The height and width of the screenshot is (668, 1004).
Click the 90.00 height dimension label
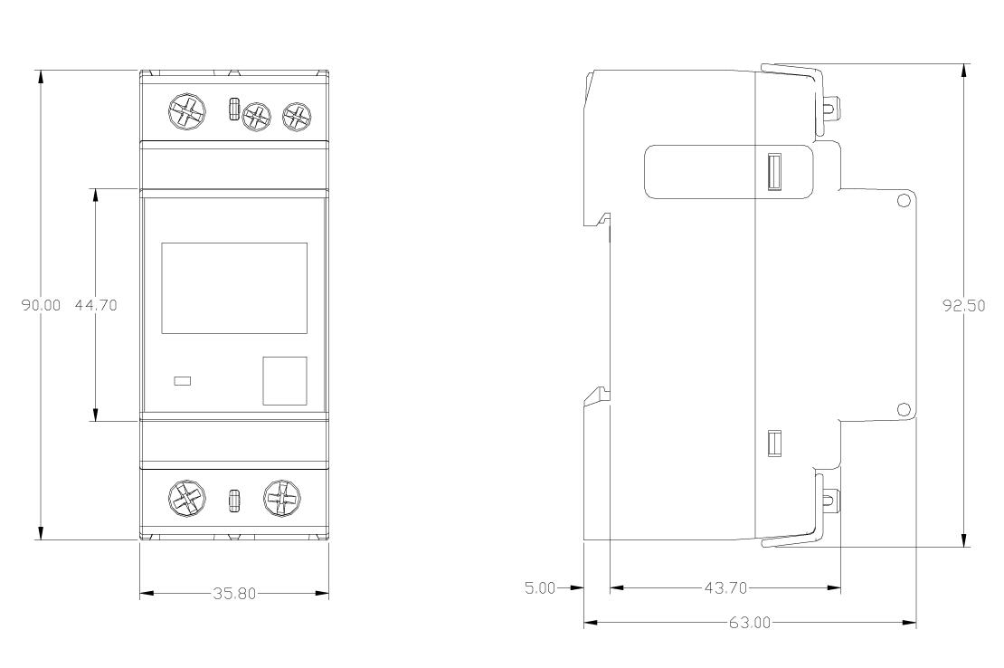tap(41, 305)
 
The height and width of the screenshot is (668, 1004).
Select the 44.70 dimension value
tap(96, 305)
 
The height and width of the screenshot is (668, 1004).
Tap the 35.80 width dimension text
tap(234, 594)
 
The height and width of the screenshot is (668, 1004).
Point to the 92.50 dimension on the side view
tap(963, 306)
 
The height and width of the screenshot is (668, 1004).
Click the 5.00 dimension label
tap(540, 587)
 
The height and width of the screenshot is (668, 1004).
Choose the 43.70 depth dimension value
tap(725, 587)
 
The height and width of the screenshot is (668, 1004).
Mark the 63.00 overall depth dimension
tap(750, 623)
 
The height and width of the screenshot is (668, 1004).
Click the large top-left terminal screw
tap(187, 113)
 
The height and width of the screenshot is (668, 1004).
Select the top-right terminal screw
tap(297, 116)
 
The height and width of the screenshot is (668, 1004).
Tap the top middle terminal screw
tap(256, 117)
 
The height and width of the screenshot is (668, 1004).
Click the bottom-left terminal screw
tap(187, 499)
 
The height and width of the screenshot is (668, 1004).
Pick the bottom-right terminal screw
tap(281, 498)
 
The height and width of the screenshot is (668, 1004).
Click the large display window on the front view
tap(234, 288)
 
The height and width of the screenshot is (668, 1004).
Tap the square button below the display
tap(285, 381)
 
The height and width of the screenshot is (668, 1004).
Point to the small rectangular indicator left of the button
tap(183, 381)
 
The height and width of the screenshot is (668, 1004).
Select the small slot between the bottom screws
tap(234, 501)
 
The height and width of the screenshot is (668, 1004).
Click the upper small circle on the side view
tap(904, 201)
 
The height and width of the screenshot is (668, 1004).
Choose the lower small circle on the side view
tap(904, 409)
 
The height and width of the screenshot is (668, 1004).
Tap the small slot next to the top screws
tap(234, 109)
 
